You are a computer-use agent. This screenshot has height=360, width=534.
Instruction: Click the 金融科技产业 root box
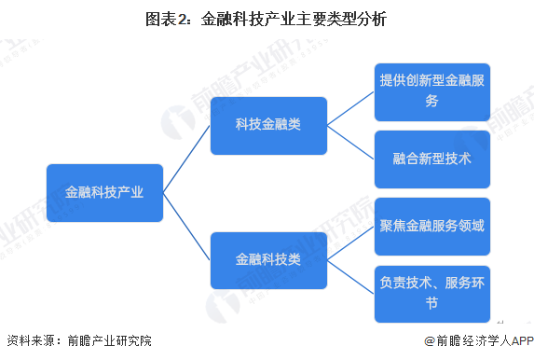click(104, 193)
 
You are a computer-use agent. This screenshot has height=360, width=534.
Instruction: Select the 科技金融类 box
click(268, 125)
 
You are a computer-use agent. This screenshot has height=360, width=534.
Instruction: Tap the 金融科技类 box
click(268, 260)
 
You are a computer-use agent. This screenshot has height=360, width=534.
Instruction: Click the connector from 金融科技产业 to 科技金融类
click(186, 159)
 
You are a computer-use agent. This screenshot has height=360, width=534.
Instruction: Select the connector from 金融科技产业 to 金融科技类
click(186, 227)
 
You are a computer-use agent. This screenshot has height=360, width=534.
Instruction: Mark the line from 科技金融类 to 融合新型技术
click(351, 142)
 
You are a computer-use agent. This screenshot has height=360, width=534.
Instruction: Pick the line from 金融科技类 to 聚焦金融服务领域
click(351, 243)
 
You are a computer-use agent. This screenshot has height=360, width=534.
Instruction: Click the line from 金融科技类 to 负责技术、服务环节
click(351, 277)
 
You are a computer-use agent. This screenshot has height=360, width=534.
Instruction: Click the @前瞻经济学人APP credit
click(475, 342)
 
